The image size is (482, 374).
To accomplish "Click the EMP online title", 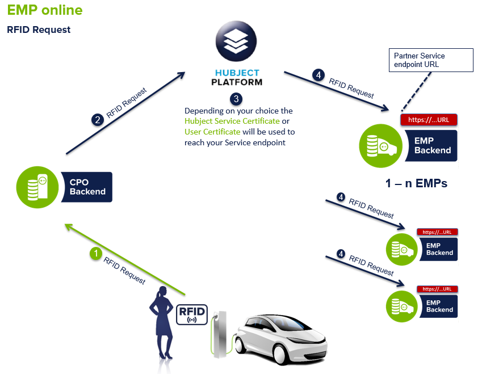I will [x=45, y=10].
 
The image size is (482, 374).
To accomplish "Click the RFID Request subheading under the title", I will [x=39, y=30].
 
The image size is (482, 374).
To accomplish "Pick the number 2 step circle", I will [x=98, y=120].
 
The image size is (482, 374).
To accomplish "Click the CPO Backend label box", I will [x=87, y=187].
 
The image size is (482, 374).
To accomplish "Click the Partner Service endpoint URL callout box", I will [x=431, y=60].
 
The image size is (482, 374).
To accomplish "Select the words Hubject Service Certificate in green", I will [x=232, y=121].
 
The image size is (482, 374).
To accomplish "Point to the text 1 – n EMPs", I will [x=416, y=184].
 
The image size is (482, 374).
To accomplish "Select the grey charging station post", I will [x=219, y=335].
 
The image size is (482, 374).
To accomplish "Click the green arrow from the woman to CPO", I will [x=125, y=259].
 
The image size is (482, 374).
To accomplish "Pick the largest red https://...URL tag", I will [x=429, y=120].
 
